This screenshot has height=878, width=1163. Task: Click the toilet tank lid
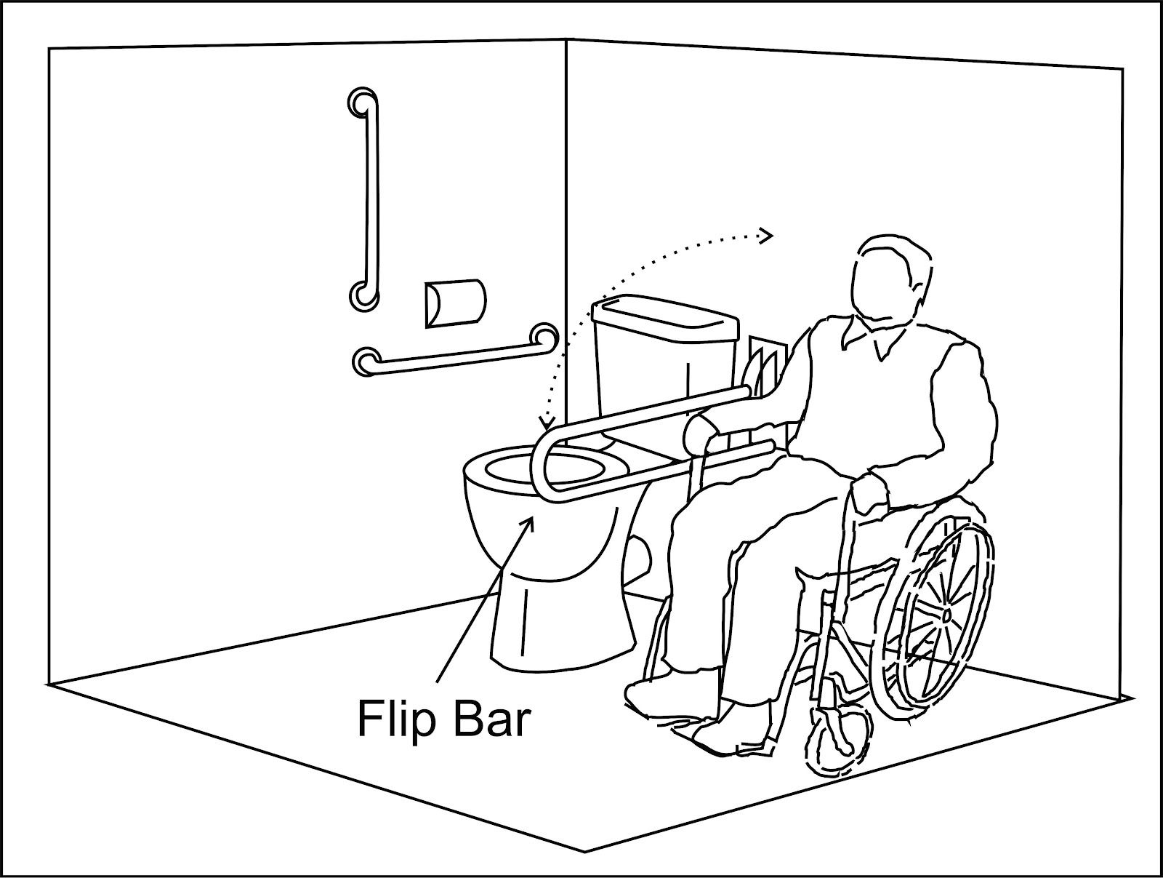pos(661,309)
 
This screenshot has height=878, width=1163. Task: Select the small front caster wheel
pos(840,735)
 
